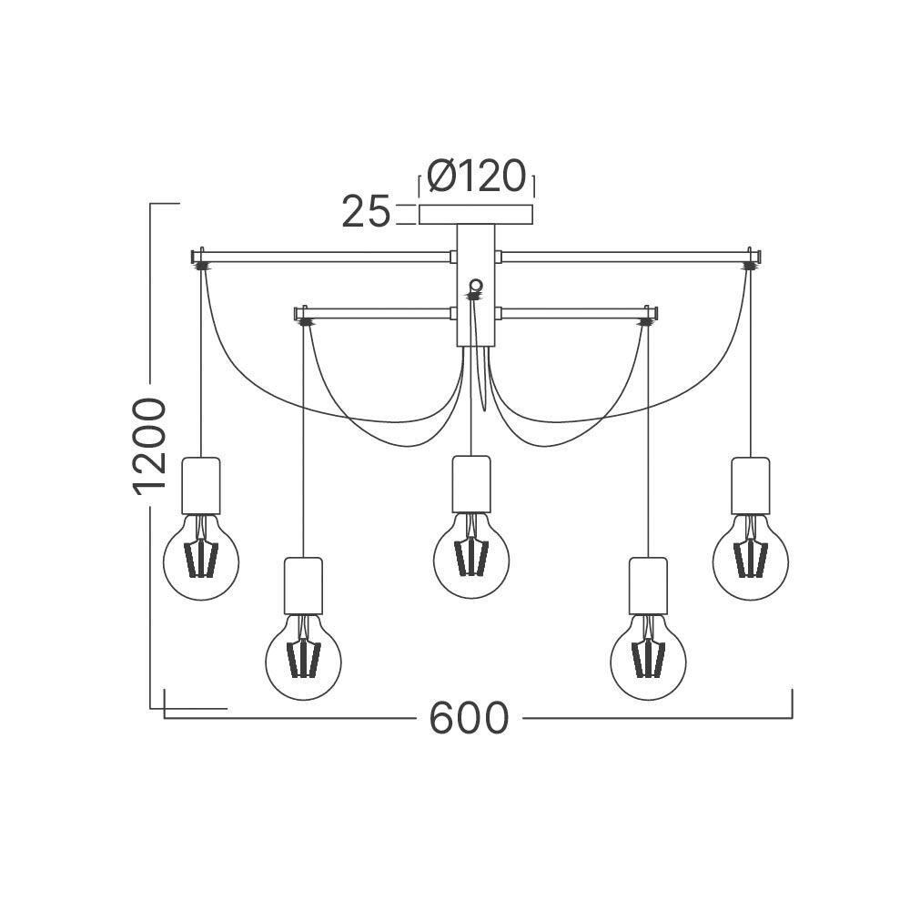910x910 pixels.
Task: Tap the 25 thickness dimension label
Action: (x=366, y=211)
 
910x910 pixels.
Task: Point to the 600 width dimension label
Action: (x=469, y=718)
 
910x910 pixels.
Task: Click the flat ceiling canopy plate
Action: (x=476, y=214)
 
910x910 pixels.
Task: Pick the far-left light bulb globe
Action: (x=201, y=559)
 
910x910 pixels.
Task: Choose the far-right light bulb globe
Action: (x=751, y=559)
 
